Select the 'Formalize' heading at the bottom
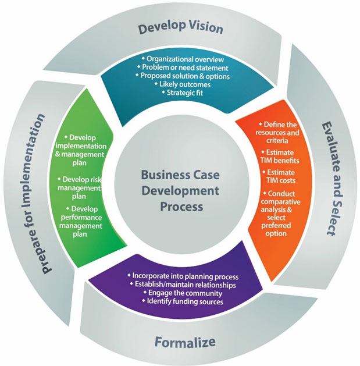pyautogui.click(x=186, y=341)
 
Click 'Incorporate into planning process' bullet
pyautogui.click(x=185, y=276)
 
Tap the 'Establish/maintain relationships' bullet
pyautogui.click(x=185, y=285)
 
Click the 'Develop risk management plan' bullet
pyautogui.click(x=85, y=187)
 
